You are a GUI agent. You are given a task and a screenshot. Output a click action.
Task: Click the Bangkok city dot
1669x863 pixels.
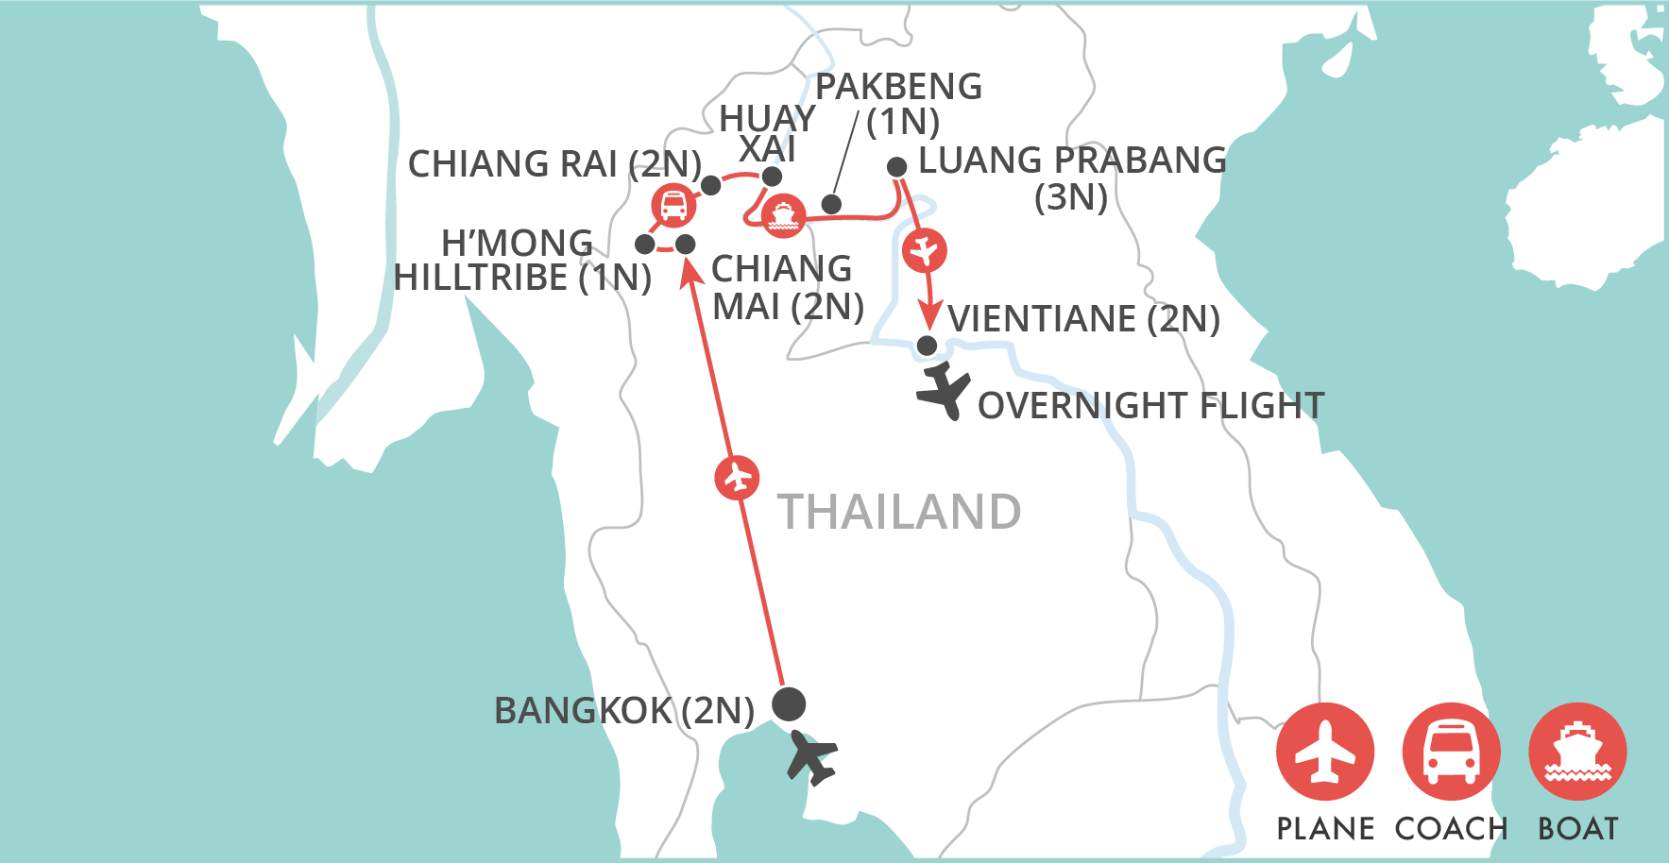[789, 703]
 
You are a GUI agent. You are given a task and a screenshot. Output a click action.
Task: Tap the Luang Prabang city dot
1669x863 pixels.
[897, 168]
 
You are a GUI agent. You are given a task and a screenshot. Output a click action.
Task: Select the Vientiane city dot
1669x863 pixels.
[928, 346]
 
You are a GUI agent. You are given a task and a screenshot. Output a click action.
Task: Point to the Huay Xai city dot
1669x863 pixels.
[772, 177]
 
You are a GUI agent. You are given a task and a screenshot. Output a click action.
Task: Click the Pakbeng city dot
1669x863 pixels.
[831, 205]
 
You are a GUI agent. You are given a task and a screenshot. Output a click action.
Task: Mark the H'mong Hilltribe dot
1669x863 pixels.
[645, 245]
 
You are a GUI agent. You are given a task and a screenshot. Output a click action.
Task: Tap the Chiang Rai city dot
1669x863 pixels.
[711, 186]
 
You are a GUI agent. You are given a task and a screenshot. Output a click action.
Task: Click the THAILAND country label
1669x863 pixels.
[898, 512]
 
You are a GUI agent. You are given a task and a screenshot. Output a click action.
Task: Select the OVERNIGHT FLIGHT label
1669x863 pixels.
[1150, 406]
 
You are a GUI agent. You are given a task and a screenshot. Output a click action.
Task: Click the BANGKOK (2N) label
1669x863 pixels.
[624, 710]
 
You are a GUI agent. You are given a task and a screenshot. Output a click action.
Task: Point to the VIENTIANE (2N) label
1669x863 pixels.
[1083, 319]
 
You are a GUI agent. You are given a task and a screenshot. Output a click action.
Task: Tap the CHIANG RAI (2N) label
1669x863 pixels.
[554, 164]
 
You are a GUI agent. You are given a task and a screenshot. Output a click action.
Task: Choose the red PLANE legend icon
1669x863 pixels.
[1325, 752]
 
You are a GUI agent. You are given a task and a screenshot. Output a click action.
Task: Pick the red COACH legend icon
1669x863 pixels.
[1452, 752]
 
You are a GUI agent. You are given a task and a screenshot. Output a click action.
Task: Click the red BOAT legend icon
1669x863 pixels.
[1577, 752]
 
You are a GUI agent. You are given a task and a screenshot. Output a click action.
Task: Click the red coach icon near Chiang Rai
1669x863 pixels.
[673, 205]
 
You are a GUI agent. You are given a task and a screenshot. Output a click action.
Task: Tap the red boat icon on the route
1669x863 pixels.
[783, 216]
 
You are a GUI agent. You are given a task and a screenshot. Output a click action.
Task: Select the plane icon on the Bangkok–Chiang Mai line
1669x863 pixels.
[738, 478]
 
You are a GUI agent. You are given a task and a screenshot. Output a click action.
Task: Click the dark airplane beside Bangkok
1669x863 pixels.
[811, 756]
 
